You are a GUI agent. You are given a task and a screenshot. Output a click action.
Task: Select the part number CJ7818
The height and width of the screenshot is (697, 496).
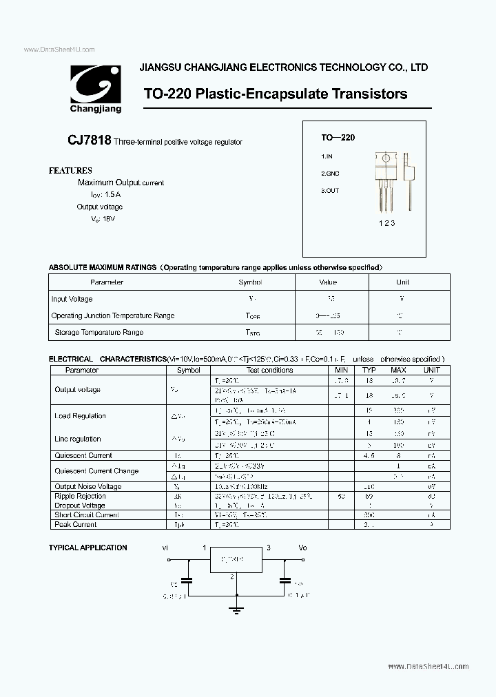tap(90, 141)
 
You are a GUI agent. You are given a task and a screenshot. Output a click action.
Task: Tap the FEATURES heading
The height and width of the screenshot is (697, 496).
tap(70, 170)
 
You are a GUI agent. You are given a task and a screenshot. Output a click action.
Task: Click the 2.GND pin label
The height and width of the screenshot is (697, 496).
tap(331, 174)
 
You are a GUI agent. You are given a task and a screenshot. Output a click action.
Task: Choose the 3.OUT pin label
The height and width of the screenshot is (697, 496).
tap(330, 191)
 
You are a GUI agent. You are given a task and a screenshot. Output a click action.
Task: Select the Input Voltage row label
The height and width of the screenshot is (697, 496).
tap(72, 299)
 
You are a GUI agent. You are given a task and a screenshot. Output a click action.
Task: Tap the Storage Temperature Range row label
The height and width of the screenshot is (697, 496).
tap(99, 332)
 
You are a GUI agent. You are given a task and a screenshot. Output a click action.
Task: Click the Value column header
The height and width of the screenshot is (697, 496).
tap(328, 282)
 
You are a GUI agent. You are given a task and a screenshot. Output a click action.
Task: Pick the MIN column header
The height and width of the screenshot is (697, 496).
tap(341, 370)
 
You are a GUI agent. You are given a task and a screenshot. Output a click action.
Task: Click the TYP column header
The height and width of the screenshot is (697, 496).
tap(370, 370)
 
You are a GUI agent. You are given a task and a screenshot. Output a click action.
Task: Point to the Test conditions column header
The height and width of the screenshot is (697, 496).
tap(270, 370)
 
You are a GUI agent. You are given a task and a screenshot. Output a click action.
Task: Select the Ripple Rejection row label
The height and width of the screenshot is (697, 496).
tap(80, 496)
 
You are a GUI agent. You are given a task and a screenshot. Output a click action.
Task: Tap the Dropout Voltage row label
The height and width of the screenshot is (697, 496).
tap(80, 505)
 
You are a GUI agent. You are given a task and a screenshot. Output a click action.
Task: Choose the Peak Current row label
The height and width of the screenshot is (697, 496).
tap(76, 524)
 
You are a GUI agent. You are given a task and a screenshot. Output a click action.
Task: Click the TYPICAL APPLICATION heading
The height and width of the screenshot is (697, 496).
tap(87, 548)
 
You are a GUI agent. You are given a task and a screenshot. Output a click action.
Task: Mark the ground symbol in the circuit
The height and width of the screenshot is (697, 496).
tap(236, 609)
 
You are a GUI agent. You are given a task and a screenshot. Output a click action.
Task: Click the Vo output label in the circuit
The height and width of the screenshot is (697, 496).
tap(302, 548)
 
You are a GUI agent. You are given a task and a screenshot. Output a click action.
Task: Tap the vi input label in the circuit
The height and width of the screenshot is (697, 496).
tap(165, 548)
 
